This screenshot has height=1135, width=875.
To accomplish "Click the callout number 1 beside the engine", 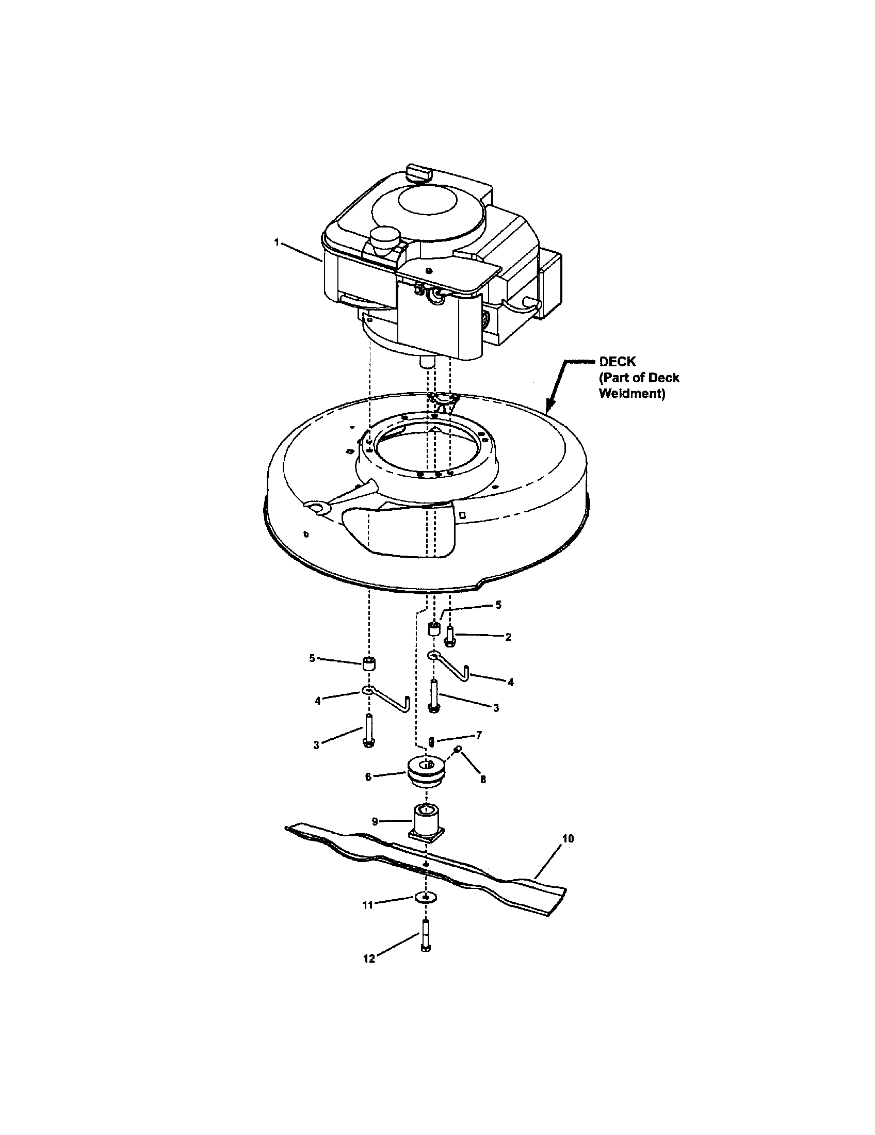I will click(x=277, y=242).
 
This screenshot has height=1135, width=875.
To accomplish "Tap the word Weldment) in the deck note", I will click(x=632, y=394).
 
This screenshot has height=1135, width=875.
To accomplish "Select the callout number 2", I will click(x=508, y=637).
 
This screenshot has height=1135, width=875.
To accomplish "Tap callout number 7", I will click(x=479, y=735).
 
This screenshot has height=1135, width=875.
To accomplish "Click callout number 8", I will click(x=483, y=780).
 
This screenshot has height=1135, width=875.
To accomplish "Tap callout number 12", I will click(x=369, y=960).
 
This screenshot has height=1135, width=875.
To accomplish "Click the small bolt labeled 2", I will click(x=450, y=636).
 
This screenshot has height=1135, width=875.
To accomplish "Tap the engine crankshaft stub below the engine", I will click(x=427, y=362).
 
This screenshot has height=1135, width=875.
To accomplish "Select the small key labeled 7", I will click(x=431, y=740).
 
